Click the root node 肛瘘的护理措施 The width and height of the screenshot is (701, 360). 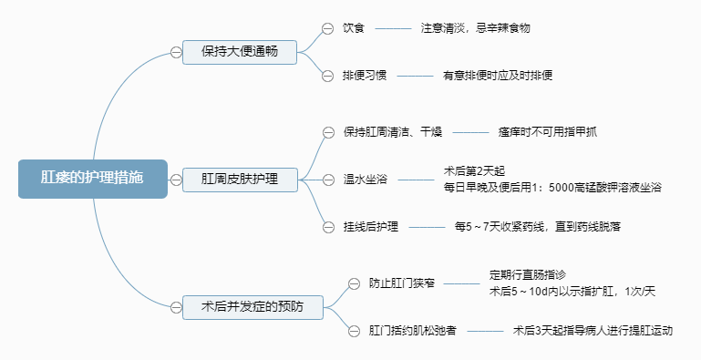[x=92, y=178]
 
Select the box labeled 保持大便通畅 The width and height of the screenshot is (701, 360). [x=240, y=52]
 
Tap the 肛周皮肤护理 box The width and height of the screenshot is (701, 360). [x=240, y=179]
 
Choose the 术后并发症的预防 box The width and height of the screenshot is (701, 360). [x=251, y=307]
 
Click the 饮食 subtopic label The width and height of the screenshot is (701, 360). [x=354, y=28]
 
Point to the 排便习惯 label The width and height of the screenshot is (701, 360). [x=365, y=76]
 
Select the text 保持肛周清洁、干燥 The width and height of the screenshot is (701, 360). [x=393, y=132]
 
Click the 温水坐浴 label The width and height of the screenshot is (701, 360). [x=365, y=179]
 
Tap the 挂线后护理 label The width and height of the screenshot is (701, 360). [x=370, y=226]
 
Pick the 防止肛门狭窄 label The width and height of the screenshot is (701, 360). [x=402, y=283]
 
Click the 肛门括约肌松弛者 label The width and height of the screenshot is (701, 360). [x=413, y=331]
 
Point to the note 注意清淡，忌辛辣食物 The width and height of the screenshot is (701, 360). [x=475, y=28]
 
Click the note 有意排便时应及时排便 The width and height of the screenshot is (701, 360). [x=498, y=76]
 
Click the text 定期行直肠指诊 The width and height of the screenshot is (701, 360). [x=528, y=274]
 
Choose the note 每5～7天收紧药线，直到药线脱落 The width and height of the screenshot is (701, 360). [x=538, y=226]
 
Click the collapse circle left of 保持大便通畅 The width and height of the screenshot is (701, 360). [x=176, y=52]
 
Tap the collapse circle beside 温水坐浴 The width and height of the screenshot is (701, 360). [x=328, y=179]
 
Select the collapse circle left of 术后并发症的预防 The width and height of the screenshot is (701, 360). [x=176, y=307]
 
